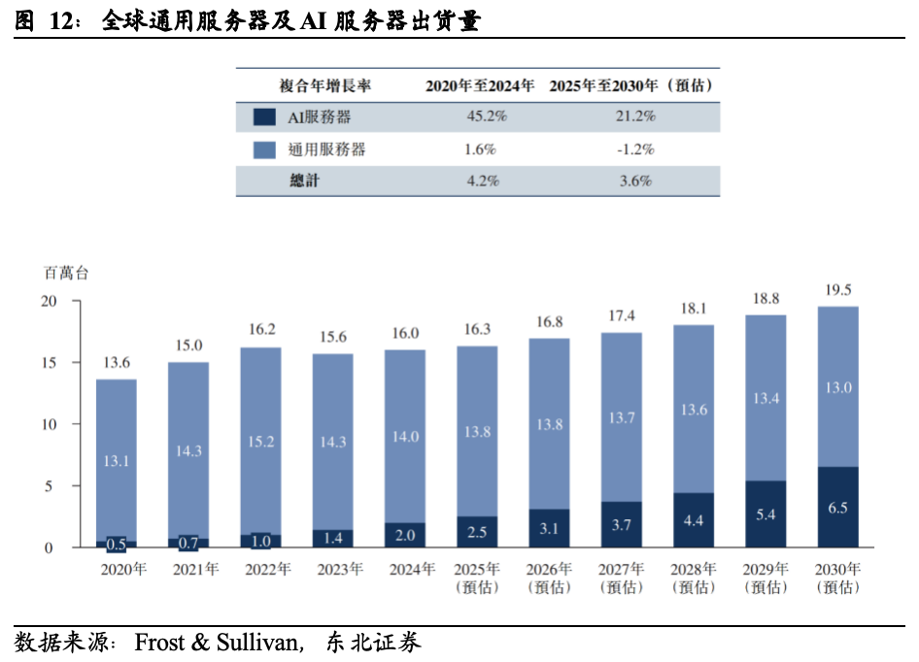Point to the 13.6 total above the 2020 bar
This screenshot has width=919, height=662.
[x=116, y=363]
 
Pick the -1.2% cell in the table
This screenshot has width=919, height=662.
[x=634, y=149]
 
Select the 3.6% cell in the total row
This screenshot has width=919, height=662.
[x=634, y=181]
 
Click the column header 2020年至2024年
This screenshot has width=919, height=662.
[x=480, y=85]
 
